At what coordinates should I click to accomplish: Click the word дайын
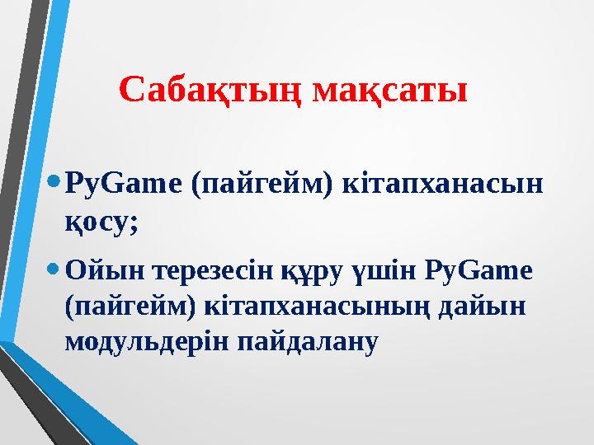(x=488, y=305)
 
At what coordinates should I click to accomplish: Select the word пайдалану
(x=307, y=340)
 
